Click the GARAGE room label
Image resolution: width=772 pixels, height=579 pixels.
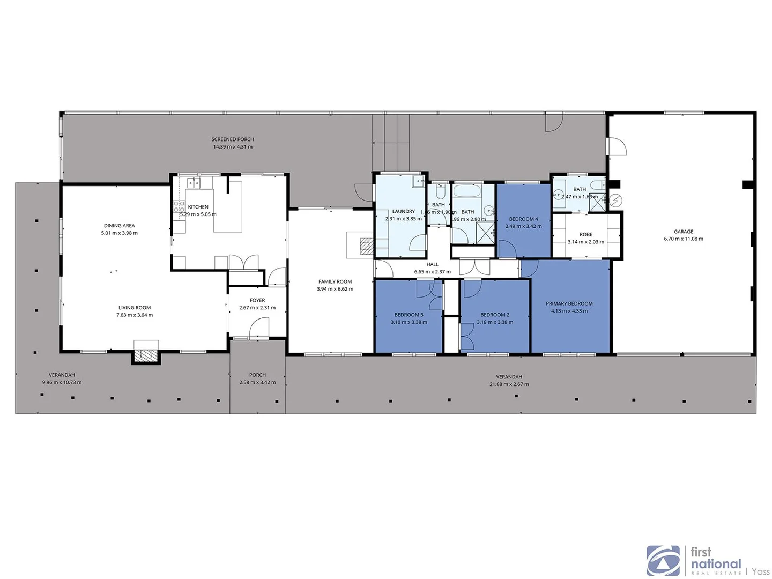684,232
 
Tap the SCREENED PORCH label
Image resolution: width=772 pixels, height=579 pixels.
233,139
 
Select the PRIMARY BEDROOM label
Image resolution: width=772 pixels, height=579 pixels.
569,303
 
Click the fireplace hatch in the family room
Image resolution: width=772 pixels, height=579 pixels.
367,246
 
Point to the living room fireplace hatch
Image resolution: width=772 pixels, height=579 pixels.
146,355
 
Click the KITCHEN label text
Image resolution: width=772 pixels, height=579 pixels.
198,207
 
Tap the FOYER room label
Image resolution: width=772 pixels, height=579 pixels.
257,301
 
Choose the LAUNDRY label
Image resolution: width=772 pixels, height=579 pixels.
404,212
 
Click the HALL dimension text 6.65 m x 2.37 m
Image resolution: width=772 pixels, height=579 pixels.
433,272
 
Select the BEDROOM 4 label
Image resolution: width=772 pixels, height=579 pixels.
523,219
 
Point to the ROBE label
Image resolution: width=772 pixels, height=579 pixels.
586,235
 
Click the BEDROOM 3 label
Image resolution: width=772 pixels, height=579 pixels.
409,315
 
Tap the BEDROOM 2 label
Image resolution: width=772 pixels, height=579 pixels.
495,315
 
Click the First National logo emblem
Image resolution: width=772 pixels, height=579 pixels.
663,561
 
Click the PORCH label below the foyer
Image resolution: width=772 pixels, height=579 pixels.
257,375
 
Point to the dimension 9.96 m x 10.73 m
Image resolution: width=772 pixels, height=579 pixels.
62,383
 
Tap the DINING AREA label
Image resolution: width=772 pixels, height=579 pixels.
120,226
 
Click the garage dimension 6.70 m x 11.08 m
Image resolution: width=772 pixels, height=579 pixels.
684,239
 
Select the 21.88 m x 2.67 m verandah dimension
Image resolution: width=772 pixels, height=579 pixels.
509,384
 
